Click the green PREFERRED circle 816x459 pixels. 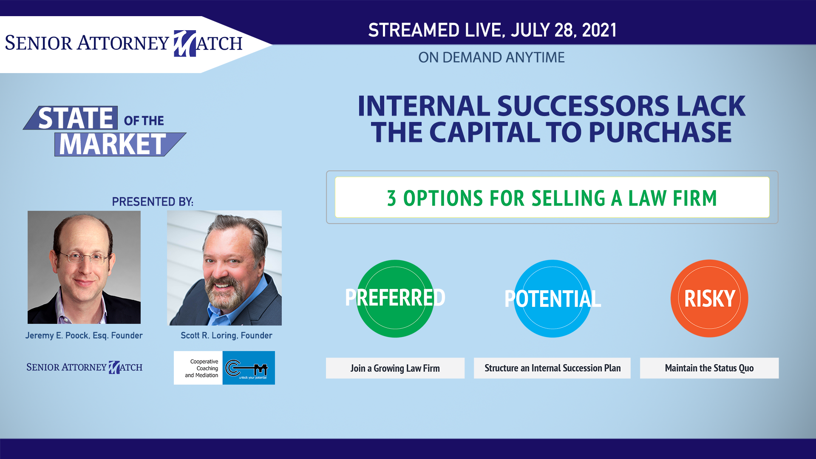(x=395, y=298)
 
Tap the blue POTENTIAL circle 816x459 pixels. (x=552, y=298)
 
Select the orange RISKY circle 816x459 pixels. (x=709, y=298)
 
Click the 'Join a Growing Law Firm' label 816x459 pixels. (x=395, y=368)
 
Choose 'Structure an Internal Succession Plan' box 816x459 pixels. (x=552, y=368)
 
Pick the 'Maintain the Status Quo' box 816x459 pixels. (x=709, y=368)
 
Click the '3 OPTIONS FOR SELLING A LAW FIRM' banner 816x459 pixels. (x=552, y=198)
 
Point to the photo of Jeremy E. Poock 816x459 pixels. (x=84, y=267)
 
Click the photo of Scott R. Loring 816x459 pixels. (x=224, y=268)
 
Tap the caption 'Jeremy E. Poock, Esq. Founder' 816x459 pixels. (x=84, y=335)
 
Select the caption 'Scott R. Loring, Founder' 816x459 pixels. (x=227, y=335)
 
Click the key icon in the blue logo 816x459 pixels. (x=246, y=368)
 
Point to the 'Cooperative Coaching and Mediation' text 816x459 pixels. (x=202, y=368)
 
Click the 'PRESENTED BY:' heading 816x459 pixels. (x=153, y=201)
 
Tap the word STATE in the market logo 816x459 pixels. (x=76, y=118)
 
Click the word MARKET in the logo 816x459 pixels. (x=112, y=144)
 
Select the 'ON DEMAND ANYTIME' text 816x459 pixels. (x=491, y=57)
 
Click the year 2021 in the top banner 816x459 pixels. (x=599, y=30)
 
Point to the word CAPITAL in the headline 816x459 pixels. (x=484, y=132)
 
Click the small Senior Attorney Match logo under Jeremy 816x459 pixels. (x=84, y=367)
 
